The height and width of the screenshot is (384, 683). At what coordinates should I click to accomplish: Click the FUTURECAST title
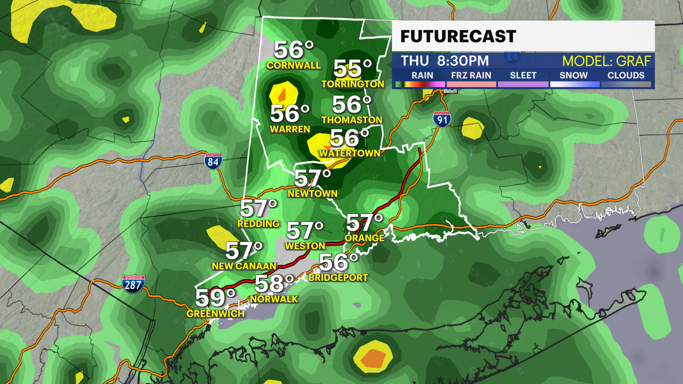click(x=458, y=36)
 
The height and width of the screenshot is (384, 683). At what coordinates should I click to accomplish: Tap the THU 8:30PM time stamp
click(x=445, y=61)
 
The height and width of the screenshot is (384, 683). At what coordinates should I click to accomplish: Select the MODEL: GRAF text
click(x=606, y=61)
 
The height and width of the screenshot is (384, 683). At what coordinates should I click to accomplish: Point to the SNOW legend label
click(x=573, y=75)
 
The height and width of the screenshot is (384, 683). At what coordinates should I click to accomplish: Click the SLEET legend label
click(x=523, y=75)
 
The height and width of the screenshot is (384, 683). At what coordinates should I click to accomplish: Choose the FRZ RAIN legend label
click(x=471, y=75)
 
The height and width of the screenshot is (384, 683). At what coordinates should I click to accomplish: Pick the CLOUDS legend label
click(x=626, y=75)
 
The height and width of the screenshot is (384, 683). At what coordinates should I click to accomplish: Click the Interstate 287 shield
click(x=133, y=284)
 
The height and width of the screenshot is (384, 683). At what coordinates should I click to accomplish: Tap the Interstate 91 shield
click(x=442, y=119)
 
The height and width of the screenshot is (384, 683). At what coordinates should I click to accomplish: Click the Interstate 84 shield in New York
click(x=213, y=161)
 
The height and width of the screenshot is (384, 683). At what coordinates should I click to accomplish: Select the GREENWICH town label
click(x=215, y=314)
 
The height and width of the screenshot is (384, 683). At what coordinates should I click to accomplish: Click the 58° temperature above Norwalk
click(x=274, y=284)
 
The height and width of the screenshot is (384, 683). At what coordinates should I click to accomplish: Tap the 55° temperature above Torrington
click(x=352, y=68)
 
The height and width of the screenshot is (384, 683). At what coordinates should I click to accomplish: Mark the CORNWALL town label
click(x=293, y=65)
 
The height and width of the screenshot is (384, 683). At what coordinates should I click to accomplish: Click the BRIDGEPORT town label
click(x=338, y=278)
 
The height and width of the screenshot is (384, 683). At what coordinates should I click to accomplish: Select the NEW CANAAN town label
click(x=244, y=266)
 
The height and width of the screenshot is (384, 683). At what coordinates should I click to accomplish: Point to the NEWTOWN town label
click(x=312, y=193)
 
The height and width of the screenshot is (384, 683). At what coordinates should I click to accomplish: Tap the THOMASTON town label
click(x=352, y=120)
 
